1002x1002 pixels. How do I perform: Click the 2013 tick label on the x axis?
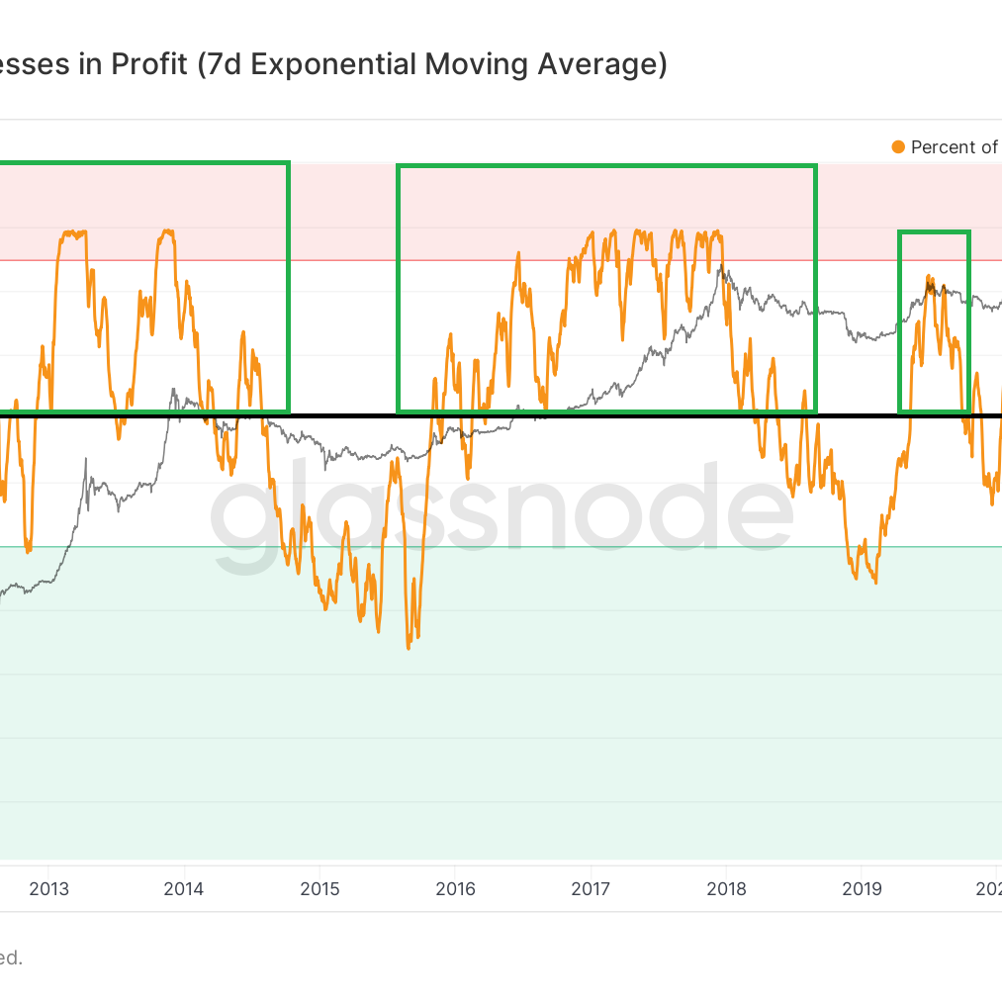pos(49,888)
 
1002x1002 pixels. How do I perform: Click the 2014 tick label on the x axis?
pos(184,888)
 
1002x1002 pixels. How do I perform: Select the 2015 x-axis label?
pos(319,888)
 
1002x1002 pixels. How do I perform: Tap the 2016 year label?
pos(455,888)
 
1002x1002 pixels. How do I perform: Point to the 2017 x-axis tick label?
pos(591,888)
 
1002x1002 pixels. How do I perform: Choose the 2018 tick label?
pos(727,888)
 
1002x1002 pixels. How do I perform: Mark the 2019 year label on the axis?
pos(862,888)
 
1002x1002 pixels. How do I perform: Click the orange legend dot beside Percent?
pos(898,147)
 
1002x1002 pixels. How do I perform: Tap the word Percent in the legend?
pos(943,147)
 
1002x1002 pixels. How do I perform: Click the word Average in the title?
pos(597,65)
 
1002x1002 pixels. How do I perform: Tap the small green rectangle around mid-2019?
pos(934,232)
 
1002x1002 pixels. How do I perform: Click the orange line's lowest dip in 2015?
pos(409,647)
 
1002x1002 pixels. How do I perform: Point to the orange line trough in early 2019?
pos(875,582)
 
